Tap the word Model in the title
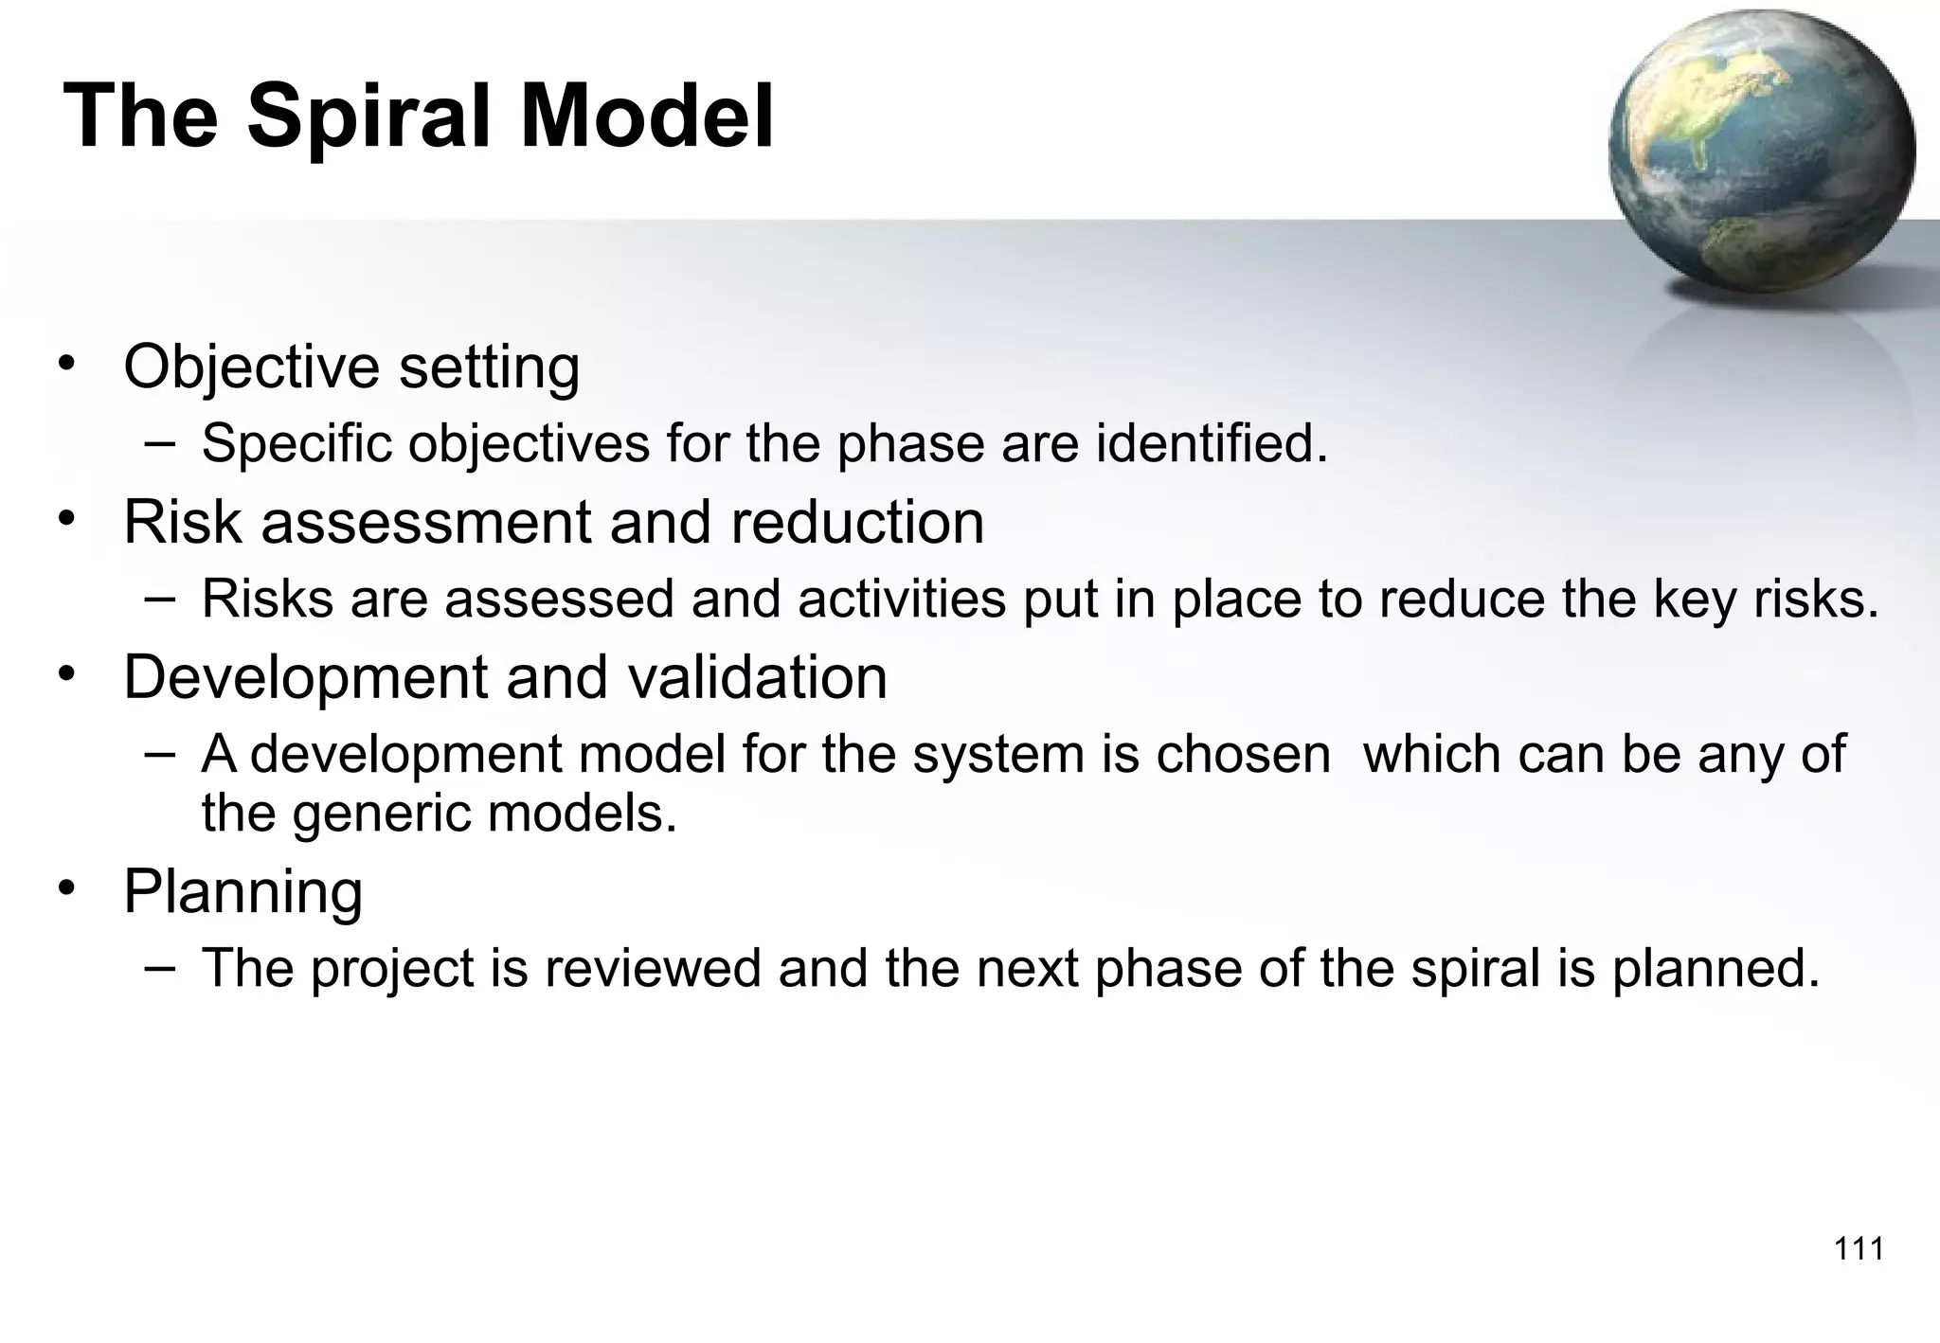[647, 117]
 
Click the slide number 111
[1859, 1249]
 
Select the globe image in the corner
[1761, 152]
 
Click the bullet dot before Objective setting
[65, 363]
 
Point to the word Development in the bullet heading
[306, 678]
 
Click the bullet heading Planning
[243, 892]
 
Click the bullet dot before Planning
[65, 888]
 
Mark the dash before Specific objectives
[161, 441]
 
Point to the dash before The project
[161, 967]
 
